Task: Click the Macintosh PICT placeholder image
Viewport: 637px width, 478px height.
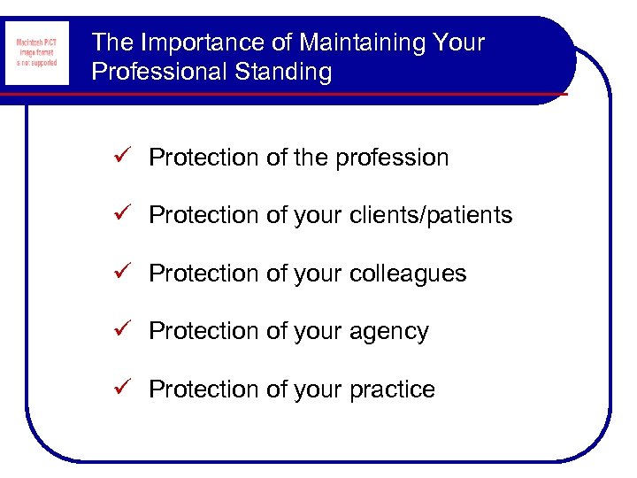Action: [x=36, y=53]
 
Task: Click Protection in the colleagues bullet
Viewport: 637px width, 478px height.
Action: [x=203, y=274]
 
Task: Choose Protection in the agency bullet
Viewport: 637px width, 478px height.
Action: [x=203, y=332]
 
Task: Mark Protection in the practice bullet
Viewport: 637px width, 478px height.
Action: [x=203, y=389]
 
